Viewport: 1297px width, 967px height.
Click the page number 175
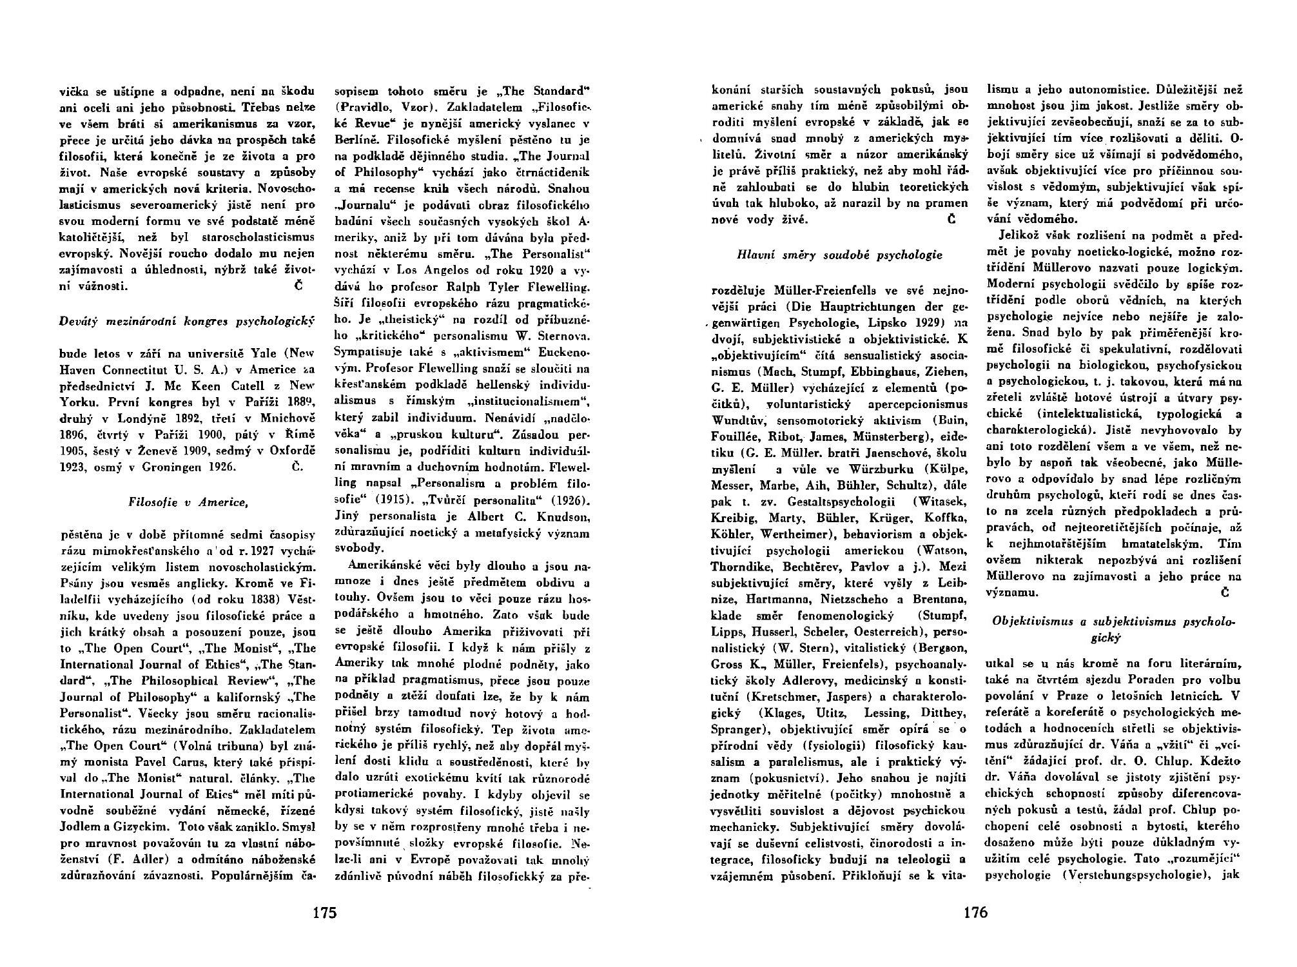[x=325, y=913]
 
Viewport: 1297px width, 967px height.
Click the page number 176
[x=975, y=913]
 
